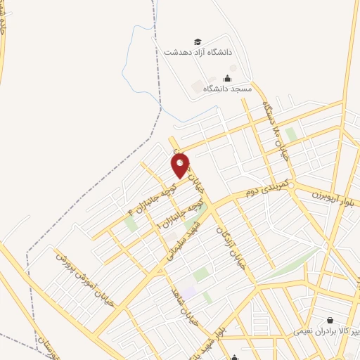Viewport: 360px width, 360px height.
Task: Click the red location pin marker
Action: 181,167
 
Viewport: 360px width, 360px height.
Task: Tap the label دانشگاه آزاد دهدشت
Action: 198,53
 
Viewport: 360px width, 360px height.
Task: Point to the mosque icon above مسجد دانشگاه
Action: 226,78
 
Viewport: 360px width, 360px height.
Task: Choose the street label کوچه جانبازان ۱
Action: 183,215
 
